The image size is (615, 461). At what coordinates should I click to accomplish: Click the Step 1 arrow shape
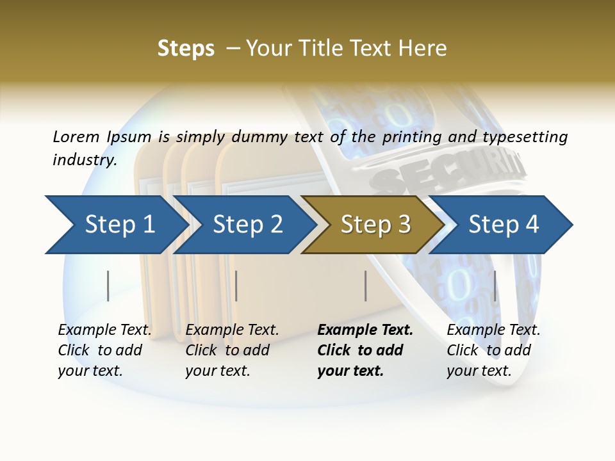[115, 225]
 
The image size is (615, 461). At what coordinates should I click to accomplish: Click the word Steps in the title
[186, 49]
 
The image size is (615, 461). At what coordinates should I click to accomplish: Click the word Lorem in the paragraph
[76, 136]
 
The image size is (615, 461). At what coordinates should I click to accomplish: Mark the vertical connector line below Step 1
[108, 286]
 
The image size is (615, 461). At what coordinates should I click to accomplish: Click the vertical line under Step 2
[236, 286]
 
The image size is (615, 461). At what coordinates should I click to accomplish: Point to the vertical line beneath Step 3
[365, 286]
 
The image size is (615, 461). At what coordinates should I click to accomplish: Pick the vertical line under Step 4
[495, 286]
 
